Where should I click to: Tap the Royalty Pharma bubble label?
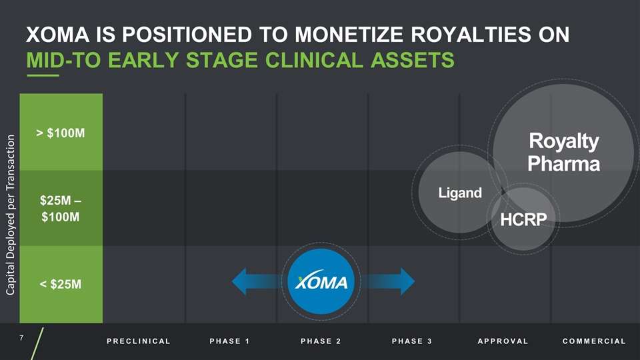564,152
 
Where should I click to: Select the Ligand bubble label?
460,193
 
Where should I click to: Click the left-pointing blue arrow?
254,281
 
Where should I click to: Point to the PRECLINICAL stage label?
138,341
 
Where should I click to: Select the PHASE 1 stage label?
229,341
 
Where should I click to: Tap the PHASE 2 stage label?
321,341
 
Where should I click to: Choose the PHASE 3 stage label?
412,341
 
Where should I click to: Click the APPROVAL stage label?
503,341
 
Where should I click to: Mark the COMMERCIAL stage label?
594,341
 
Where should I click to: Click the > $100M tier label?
61,133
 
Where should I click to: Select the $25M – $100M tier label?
61,209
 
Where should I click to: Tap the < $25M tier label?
61,285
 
